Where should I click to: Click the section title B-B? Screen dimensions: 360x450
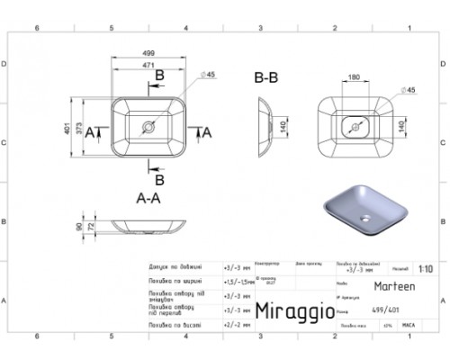point(266,78)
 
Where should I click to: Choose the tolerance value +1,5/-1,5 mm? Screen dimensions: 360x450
point(238,281)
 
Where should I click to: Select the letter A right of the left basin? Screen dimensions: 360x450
point(208,132)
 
